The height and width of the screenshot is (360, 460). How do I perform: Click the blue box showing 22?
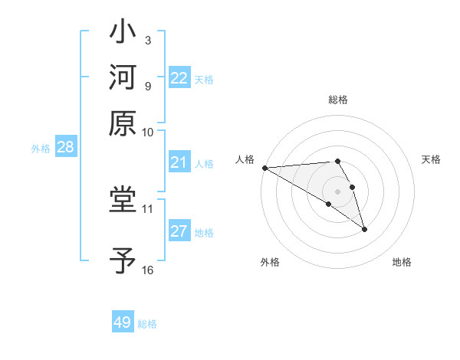(x=179, y=78)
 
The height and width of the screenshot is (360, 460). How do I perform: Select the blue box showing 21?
(x=179, y=162)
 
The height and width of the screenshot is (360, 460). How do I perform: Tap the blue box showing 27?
(x=179, y=231)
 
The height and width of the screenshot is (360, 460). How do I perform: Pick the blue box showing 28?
(x=65, y=148)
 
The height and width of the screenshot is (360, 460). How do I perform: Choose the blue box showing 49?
(x=123, y=322)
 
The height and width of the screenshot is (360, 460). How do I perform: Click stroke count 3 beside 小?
(x=147, y=40)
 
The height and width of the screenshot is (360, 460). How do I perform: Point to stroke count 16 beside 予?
(x=147, y=270)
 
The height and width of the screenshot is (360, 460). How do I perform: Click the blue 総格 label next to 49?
(x=147, y=324)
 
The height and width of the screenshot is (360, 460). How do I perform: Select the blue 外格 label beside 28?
(x=41, y=149)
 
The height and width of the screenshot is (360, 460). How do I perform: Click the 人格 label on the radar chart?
(x=245, y=159)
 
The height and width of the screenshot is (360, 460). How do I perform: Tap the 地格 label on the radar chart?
(x=402, y=262)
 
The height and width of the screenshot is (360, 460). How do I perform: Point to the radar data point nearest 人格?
(x=264, y=168)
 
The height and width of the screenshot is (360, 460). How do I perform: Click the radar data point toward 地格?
(x=364, y=229)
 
